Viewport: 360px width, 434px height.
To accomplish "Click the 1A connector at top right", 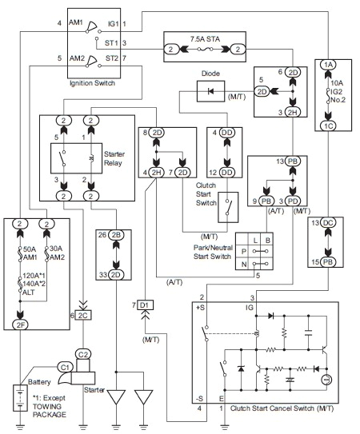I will point(328,64).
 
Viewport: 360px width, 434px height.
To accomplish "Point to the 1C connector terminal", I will point(328,125).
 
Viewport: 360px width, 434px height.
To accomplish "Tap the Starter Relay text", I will point(116,160).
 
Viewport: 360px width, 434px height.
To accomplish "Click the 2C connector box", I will point(83,316).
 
